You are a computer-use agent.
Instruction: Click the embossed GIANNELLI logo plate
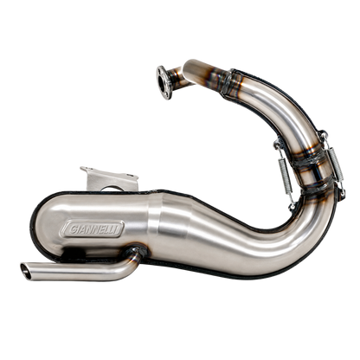coord(92,229)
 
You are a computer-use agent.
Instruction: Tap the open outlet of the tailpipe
coord(26,271)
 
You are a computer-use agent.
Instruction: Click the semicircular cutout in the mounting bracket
coord(111,189)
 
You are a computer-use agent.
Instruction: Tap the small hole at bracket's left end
coord(85,170)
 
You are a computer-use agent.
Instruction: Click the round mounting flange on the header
coord(164,82)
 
